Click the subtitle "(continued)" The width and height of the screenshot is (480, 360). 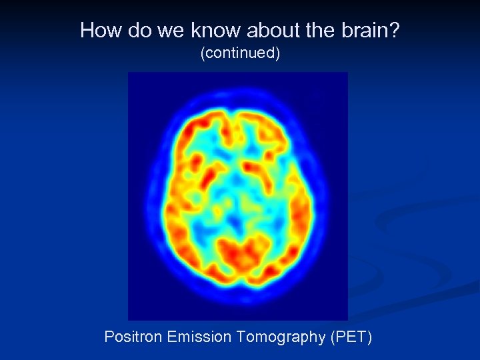[240, 53]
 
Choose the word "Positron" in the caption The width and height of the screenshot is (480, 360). [133, 337]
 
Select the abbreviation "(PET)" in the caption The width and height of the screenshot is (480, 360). [351, 337]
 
